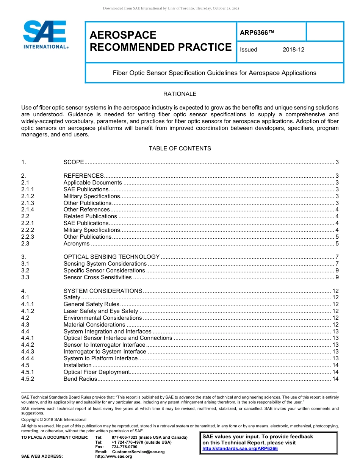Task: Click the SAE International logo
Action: coord(45,34)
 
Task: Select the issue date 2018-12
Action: coord(293,50)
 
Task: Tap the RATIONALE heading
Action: coord(180,94)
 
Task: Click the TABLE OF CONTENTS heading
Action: coord(180,149)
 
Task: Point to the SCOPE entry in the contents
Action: coord(74,162)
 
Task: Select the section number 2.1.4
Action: coord(28,210)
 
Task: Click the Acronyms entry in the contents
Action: coord(77,244)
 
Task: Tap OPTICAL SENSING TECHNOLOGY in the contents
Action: coord(111,257)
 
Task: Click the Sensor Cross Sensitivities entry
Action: coord(97,277)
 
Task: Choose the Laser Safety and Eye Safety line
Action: coord(101,311)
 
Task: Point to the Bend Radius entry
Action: coord(80,379)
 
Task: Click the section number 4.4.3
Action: coord(28,352)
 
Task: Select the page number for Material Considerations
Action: coord(335,325)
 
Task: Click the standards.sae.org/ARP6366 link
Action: coord(240,449)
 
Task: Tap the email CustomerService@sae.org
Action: coord(138,452)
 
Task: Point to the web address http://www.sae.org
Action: coord(114,457)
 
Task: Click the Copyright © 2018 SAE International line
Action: coord(54,419)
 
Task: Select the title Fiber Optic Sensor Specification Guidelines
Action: coord(214,73)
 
